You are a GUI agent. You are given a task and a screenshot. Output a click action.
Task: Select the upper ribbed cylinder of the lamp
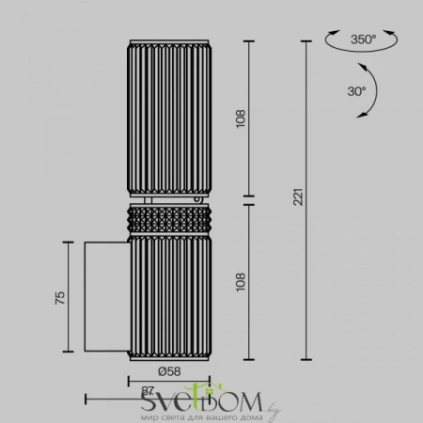click(160, 117)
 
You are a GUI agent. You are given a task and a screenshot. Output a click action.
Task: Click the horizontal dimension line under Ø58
click(160, 382)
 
